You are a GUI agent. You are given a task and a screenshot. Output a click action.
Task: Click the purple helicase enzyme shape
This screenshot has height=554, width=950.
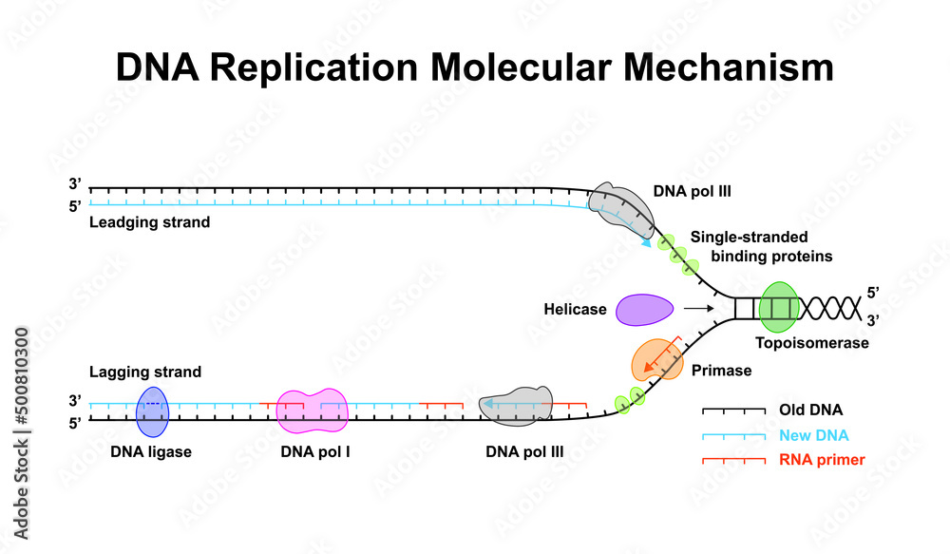point(645,310)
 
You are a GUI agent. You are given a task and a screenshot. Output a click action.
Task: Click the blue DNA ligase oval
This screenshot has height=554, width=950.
point(152,411)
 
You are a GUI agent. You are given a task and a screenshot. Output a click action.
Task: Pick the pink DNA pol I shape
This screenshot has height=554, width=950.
point(312,411)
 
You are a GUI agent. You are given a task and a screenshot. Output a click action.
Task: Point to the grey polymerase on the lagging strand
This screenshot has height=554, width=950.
point(516,407)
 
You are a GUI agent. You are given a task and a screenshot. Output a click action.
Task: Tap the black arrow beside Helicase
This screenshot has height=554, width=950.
point(698,309)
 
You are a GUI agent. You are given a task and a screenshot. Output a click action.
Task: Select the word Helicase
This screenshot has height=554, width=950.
point(575,310)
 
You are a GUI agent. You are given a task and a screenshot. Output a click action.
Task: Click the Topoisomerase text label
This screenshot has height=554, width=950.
point(812,343)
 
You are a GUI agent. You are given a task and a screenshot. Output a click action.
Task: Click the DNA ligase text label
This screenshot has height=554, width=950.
point(151,452)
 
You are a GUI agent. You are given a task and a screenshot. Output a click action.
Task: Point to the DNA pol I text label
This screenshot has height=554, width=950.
point(315,452)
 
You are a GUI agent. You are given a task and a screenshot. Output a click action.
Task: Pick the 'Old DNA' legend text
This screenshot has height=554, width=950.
point(810,411)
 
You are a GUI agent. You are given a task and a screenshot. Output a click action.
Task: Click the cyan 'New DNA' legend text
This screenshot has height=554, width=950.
point(813,435)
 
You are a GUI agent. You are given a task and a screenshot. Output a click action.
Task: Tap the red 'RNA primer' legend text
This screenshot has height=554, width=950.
point(822,460)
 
